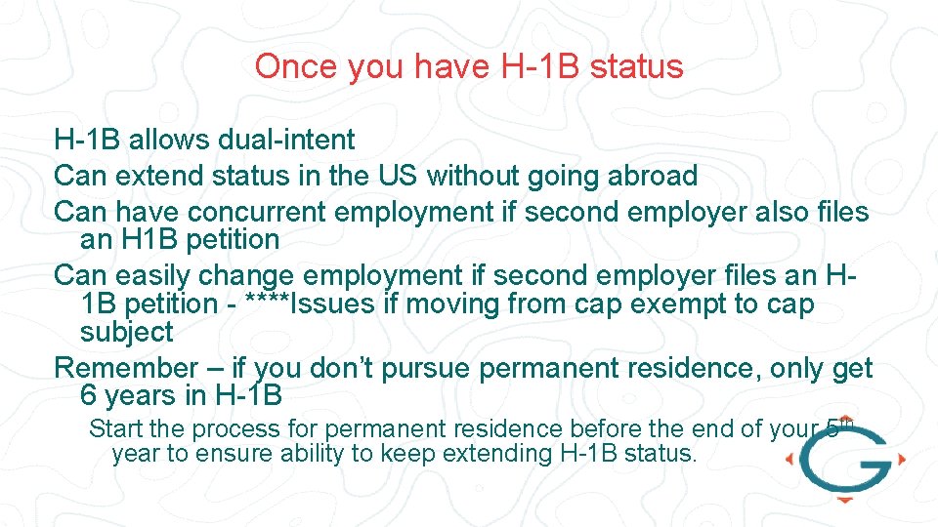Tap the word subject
tap(126, 333)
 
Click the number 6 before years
tap(89, 396)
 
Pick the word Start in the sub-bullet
tap(114, 428)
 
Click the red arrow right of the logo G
tap(901, 459)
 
